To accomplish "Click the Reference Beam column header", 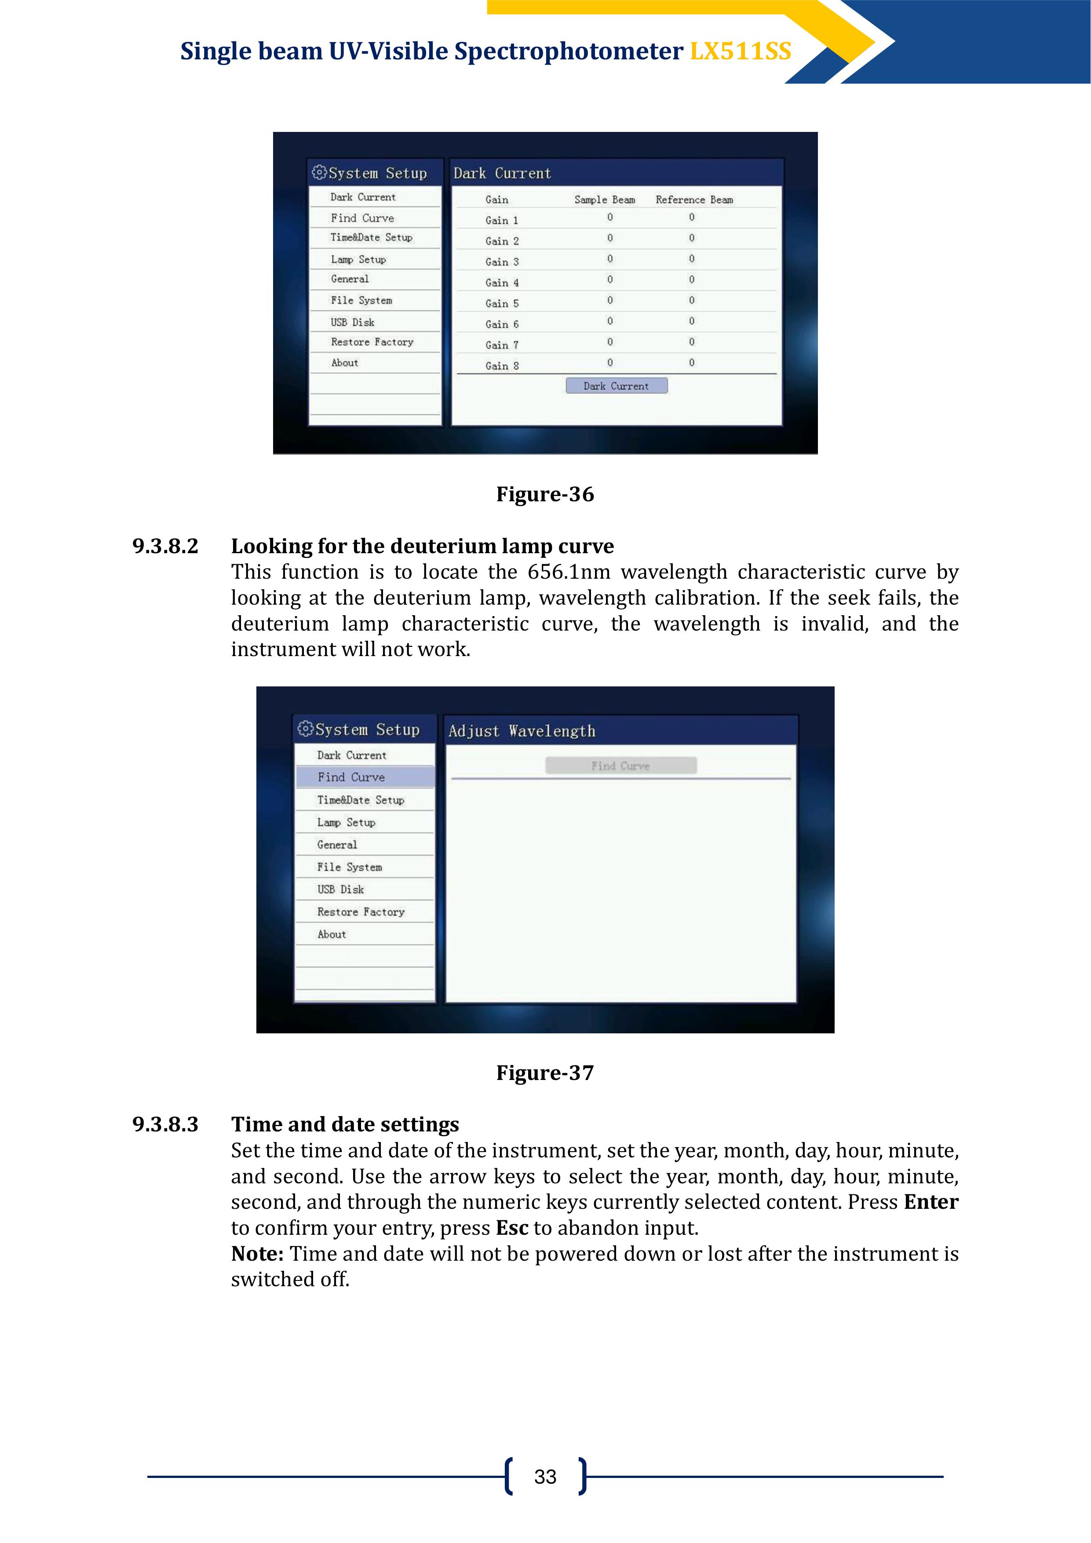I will [x=694, y=200].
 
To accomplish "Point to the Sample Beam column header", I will [x=604, y=200].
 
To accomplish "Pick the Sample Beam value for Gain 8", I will [x=609, y=363].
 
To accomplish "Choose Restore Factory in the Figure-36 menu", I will [x=372, y=342].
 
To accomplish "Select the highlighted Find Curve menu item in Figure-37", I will [x=351, y=777].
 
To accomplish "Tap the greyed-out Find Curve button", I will [x=620, y=766].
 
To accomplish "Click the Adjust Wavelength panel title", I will [x=522, y=731].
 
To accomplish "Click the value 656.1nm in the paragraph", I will [x=569, y=572].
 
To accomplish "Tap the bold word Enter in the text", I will [x=930, y=1202].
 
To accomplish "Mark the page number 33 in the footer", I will [x=545, y=1477].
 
